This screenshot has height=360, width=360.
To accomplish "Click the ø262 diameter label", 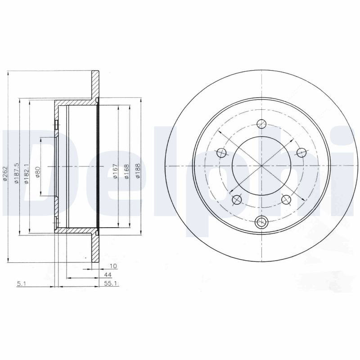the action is coord(5,175).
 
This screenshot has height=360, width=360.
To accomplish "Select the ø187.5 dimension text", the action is coord(16,174).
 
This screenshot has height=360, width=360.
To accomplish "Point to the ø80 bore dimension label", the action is coord(38,172).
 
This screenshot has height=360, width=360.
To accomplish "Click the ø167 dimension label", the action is coord(115,171).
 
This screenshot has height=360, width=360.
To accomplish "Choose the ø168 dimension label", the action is coord(126,171).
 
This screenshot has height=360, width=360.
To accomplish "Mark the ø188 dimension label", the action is coord(138,171).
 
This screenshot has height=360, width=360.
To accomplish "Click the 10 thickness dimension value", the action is coord(113,266).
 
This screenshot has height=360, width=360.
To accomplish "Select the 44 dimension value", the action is coord(108,274).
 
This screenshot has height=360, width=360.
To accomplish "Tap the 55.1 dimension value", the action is coord(111,283).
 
